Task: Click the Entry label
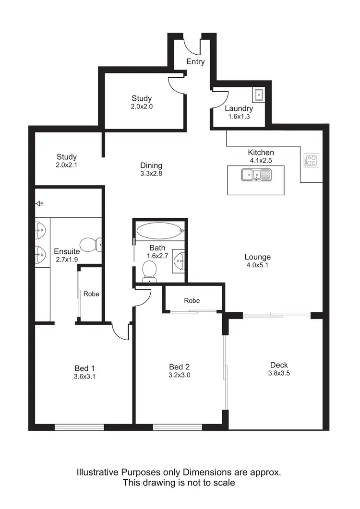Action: point(195,61)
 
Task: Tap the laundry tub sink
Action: point(259,95)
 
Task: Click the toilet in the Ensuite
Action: point(90,245)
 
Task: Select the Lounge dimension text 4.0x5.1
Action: point(258,266)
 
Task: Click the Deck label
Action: point(278,365)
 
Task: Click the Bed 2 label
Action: point(180,367)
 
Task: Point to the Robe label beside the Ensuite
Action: point(91,294)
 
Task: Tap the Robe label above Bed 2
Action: point(192,300)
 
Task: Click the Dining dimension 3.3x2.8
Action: point(151,174)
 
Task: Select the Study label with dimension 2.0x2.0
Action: point(142,99)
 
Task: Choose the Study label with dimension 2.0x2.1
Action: point(67,157)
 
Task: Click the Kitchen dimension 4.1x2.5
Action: point(261,161)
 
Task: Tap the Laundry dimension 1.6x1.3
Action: point(239,117)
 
